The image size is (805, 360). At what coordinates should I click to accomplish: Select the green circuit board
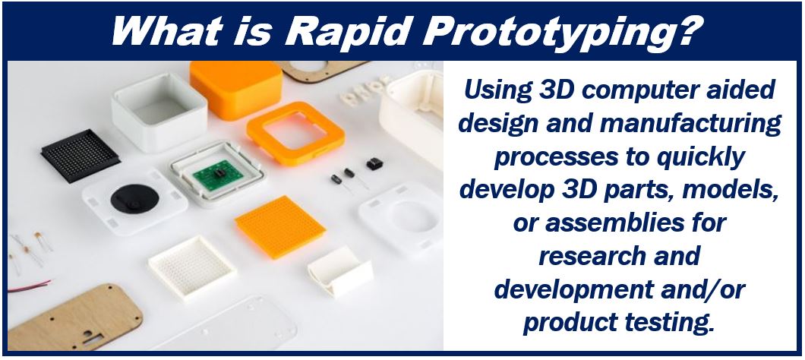click(x=218, y=176)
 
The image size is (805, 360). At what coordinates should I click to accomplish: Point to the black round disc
click(x=134, y=198)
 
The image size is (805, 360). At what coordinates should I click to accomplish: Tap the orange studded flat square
click(x=279, y=226)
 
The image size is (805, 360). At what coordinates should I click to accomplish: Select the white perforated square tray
click(x=192, y=267)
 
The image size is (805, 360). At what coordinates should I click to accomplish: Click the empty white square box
click(x=159, y=112)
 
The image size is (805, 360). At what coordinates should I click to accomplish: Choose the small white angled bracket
click(x=340, y=270)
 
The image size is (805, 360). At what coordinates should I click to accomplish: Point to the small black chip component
click(x=374, y=164)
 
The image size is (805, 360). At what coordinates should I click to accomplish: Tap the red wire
click(x=30, y=286)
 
